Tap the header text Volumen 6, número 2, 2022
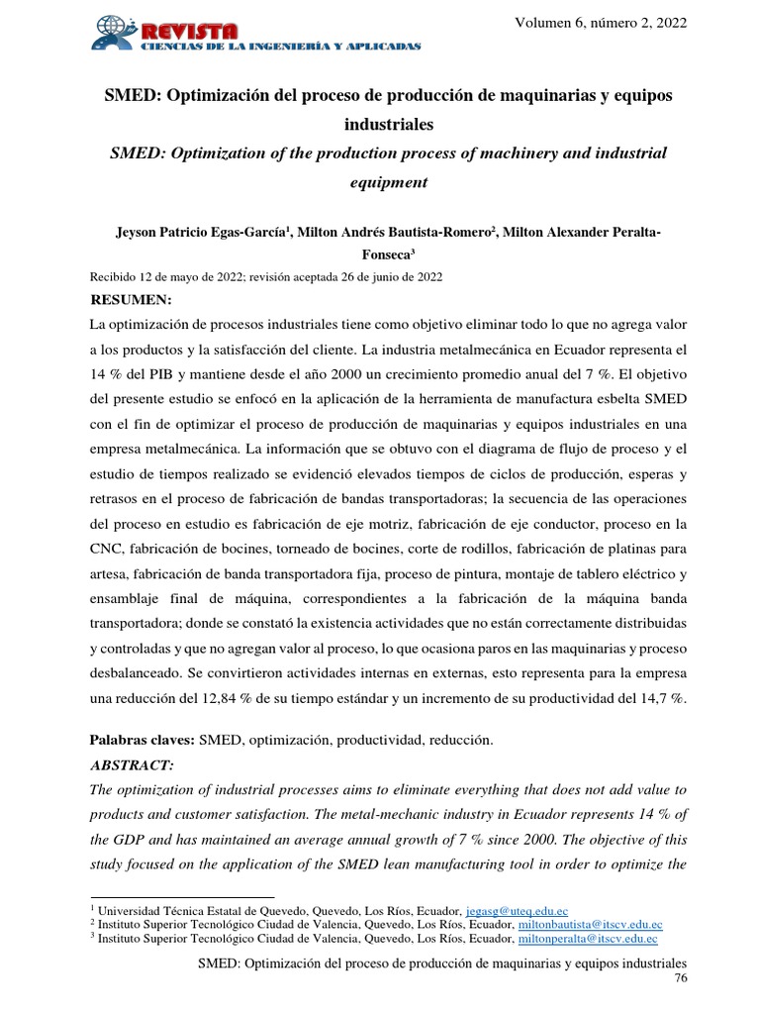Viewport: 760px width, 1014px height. pos(600,23)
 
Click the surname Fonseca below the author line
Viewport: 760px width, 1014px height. pos(394,254)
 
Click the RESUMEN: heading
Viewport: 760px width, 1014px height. pos(131,300)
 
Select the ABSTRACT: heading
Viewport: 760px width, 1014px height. pos(132,765)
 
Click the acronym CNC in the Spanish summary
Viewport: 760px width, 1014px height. pos(106,550)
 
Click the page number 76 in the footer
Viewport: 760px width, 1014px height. pos(679,978)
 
